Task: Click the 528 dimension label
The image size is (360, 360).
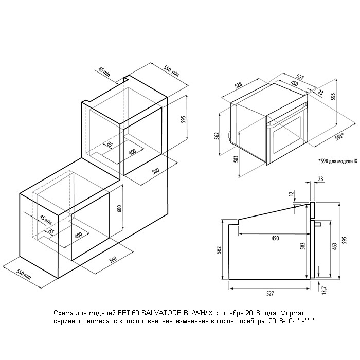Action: pyautogui.click(x=238, y=85)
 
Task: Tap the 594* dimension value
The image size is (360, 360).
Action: pyautogui.click(x=339, y=137)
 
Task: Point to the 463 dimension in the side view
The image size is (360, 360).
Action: pyautogui.click(x=335, y=246)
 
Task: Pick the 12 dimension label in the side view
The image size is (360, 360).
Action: pyautogui.click(x=292, y=193)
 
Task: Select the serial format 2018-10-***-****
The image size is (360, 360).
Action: pyautogui.click(x=290, y=321)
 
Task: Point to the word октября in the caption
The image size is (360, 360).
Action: pyautogui.click(x=230, y=313)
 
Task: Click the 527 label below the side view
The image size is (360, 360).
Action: pyautogui.click(x=270, y=294)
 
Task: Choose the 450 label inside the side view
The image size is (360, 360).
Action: pyautogui.click(x=275, y=238)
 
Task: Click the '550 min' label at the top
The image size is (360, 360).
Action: pyautogui.click(x=171, y=70)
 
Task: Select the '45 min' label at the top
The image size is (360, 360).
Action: pyautogui.click(x=104, y=71)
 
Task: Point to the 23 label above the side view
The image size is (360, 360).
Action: pyautogui.click(x=321, y=179)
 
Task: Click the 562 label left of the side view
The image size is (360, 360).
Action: pyautogui.click(x=219, y=250)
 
